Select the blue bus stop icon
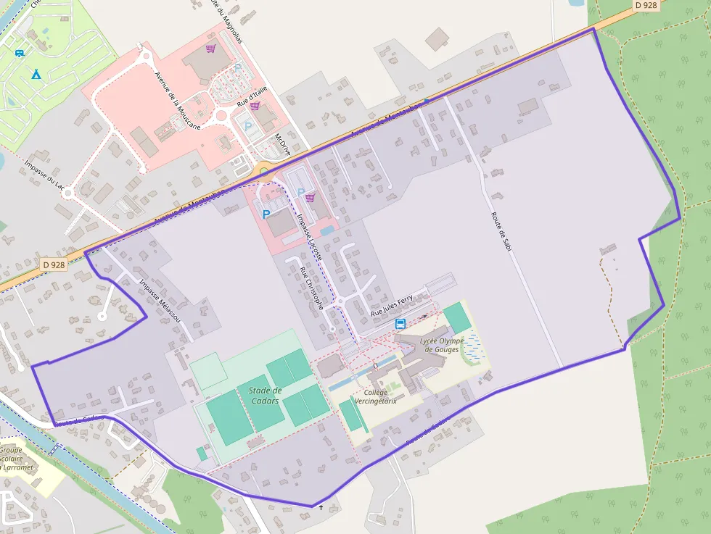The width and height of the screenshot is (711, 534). [x=400, y=324]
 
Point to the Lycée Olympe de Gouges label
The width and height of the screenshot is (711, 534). [x=441, y=344]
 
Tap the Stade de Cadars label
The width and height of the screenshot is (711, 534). [x=265, y=396]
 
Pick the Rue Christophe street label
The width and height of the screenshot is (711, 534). [x=312, y=288]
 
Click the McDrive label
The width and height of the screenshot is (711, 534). [x=283, y=146]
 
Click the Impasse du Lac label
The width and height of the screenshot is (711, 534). [x=44, y=175]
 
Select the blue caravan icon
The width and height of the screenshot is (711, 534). [x=19, y=53]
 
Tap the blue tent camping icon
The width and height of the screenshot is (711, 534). [x=35, y=74]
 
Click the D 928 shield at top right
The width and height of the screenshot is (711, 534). [x=646, y=5]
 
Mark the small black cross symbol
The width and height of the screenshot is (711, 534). [x=320, y=507]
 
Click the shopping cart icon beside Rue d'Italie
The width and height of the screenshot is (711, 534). [x=255, y=106]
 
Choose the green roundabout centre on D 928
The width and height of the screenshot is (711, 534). [x=264, y=173]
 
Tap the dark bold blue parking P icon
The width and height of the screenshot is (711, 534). [x=266, y=214]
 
